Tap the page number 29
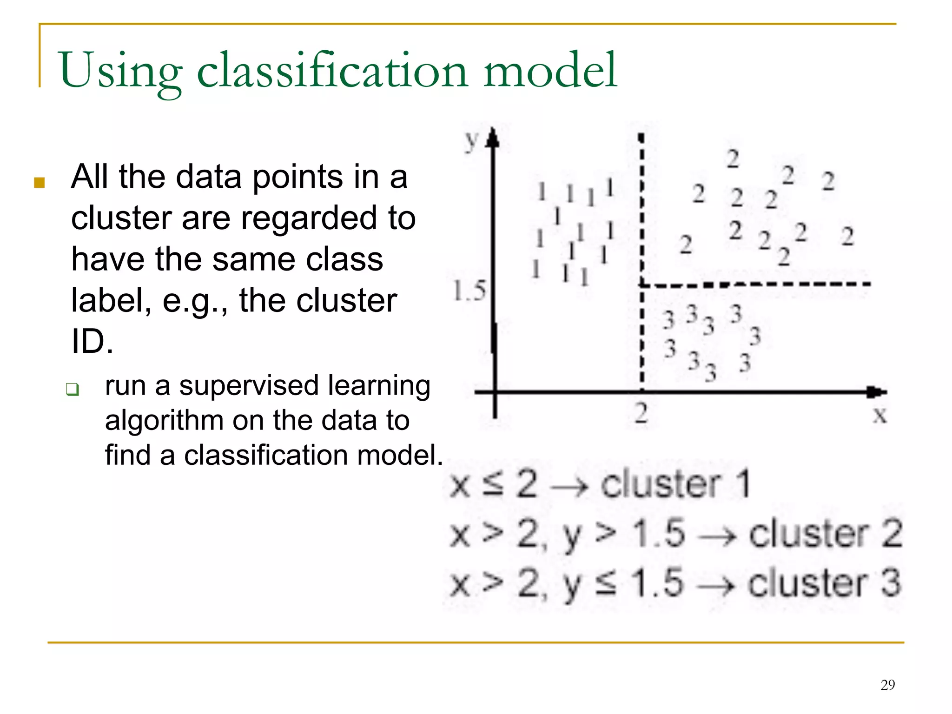pos(887,685)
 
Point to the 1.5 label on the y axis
pos(469,291)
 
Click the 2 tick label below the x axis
pos(641,413)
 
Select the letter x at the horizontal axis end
pos(879,415)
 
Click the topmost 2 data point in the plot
pos(733,159)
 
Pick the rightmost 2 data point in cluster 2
pos(847,236)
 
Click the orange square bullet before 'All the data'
pos(40,182)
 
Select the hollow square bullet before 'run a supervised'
pos(73,389)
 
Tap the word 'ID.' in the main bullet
pos(92,342)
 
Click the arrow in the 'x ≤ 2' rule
pos(569,486)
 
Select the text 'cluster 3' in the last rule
pos(824,583)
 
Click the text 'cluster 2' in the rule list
pos(825,534)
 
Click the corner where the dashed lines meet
pos(641,284)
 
